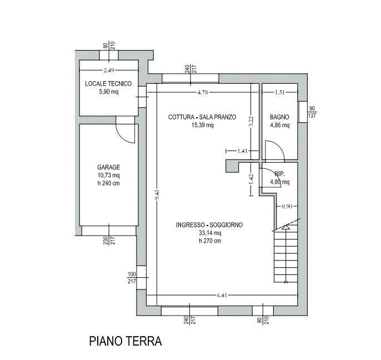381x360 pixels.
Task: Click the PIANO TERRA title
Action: coord(125,341)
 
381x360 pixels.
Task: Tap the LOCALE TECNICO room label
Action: coord(108,83)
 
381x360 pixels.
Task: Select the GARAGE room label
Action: coord(108,167)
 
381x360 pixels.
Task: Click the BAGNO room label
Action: coord(279,117)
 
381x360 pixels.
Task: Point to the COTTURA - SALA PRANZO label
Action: coord(202,117)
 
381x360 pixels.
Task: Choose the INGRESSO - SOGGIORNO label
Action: coord(209,224)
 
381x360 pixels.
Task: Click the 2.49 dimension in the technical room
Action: coord(108,71)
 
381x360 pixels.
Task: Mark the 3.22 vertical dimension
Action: coord(251,122)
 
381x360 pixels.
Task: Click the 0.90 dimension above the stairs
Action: coord(287,206)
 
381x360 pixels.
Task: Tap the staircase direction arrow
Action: coord(285,226)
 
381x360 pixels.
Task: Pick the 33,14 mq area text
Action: coord(209,233)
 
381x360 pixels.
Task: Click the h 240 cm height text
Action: coord(108,184)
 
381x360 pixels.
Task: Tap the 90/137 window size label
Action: coord(312,112)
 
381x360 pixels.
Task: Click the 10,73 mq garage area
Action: coord(108,176)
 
